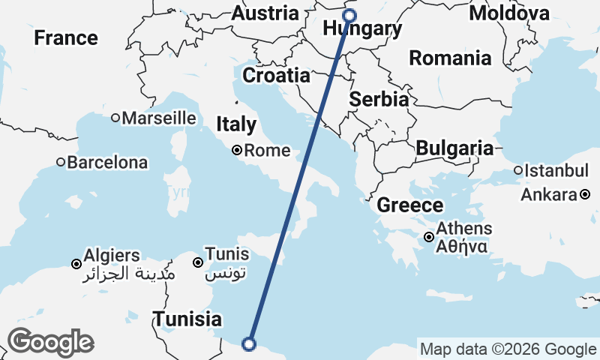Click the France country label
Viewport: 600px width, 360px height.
[x=66, y=37]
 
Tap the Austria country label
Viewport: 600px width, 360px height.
[x=265, y=13]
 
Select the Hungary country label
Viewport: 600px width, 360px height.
[x=361, y=29]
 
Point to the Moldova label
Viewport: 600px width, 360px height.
[x=509, y=13]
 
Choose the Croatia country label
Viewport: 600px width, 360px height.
[x=275, y=76]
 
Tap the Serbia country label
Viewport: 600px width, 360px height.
[x=379, y=99]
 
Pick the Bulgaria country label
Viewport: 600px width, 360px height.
[x=454, y=148]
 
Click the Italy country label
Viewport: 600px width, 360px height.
[x=236, y=124]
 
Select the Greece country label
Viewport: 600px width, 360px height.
[x=410, y=205]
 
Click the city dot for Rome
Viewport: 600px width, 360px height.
[x=237, y=150]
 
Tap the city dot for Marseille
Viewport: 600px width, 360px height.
[x=115, y=118]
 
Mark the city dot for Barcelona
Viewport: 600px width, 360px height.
[x=61, y=162]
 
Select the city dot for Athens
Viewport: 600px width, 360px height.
[x=428, y=237]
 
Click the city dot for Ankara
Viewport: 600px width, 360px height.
[x=585, y=195]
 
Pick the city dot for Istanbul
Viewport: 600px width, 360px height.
[x=518, y=170]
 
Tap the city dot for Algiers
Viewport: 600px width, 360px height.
[x=76, y=263]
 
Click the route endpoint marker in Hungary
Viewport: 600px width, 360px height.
[x=349, y=14]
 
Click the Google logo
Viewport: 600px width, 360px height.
[x=50, y=342]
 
